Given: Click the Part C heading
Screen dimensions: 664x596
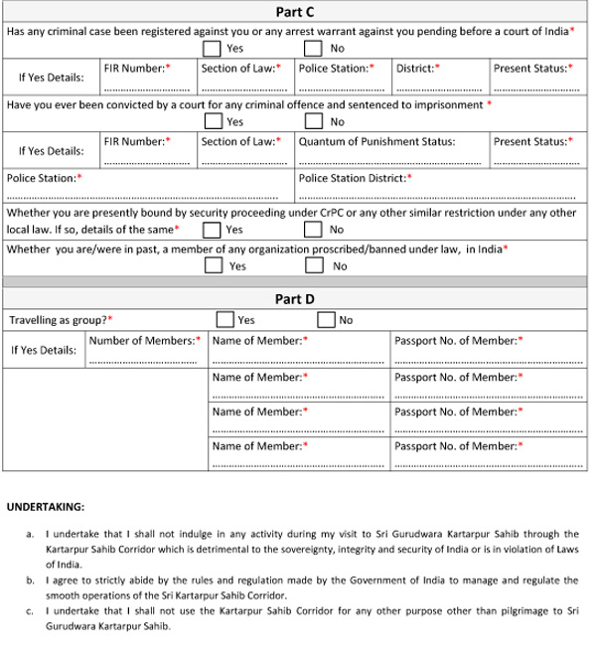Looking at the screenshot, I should tap(295, 12).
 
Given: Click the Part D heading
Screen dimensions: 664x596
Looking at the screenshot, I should tap(295, 298).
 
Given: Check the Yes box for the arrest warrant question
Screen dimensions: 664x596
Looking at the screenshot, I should tap(213, 48).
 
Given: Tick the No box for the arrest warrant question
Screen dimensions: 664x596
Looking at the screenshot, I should tap(313, 48).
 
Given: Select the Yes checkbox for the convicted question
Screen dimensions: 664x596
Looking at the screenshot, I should tap(213, 121).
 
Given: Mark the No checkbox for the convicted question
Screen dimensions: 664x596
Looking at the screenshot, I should tap(313, 121).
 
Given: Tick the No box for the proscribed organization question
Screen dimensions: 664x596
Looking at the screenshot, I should tap(315, 265).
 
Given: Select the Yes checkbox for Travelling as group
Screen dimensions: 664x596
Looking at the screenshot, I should tap(223, 320).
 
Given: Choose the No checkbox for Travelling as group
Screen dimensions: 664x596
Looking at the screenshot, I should tap(326, 320).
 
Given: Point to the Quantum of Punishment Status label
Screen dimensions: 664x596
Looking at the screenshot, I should tap(377, 141).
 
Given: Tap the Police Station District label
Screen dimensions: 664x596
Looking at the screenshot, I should tap(355, 178).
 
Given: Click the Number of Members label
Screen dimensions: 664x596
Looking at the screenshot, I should tap(145, 340).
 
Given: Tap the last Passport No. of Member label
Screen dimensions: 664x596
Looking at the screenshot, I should tap(459, 446).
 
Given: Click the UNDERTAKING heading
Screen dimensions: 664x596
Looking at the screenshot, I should tap(46, 507).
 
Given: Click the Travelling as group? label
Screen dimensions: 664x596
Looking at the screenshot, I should tap(60, 320).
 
